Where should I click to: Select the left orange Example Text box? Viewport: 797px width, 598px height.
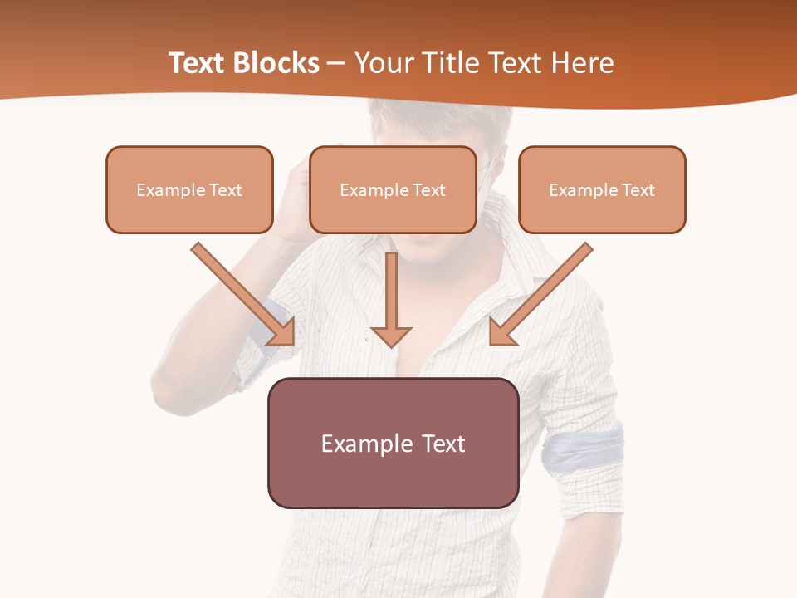click(x=189, y=189)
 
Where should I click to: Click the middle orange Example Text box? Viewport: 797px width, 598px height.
click(x=393, y=189)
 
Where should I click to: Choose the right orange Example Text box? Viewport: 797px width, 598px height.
click(x=602, y=189)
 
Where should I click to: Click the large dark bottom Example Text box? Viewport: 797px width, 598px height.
click(x=393, y=443)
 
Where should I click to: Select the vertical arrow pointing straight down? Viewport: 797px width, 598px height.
click(x=391, y=291)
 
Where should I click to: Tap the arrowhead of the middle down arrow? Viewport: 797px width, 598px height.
click(x=391, y=336)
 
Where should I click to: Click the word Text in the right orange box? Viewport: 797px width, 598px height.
click(x=638, y=190)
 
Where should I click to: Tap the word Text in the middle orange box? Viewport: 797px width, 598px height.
click(x=429, y=190)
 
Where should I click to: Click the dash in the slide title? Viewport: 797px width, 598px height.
click(x=337, y=64)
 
